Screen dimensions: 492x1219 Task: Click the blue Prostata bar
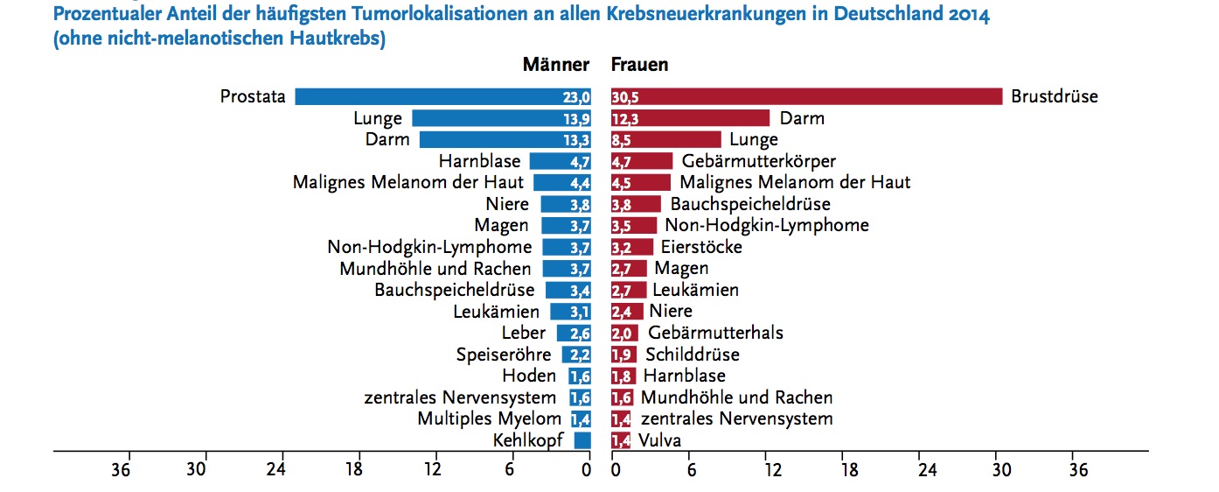coord(442,97)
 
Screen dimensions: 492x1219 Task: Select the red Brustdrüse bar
coord(805,97)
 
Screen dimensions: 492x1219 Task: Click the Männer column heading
coord(556,65)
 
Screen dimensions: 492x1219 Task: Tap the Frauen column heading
coord(639,65)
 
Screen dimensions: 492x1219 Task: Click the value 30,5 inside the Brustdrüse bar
coord(625,97)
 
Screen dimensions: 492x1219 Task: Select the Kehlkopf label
coord(528,440)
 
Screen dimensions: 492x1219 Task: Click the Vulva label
coord(659,440)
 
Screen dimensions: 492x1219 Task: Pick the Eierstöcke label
coord(701,247)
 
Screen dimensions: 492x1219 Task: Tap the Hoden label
coord(529,376)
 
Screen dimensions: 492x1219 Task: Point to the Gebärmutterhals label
coord(715,333)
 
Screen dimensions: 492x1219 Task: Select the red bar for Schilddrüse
coord(623,355)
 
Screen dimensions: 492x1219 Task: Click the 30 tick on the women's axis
coord(1001,470)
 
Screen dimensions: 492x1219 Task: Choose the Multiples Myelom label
coord(489,418)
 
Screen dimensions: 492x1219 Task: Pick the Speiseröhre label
coord(504,355)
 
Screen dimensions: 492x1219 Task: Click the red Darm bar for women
coord(690,118)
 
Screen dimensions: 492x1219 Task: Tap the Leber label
coord(524,333)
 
